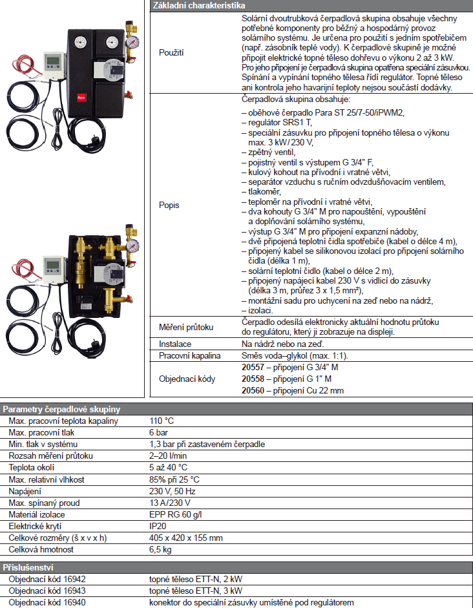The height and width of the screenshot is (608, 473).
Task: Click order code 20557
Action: [x=253, y=367]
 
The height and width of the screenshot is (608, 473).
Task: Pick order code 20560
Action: [x=253, y=390]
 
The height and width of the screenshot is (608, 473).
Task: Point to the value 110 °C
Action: [x=162, y=421]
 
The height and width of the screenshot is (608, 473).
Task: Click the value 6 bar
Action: [x=159, y=433]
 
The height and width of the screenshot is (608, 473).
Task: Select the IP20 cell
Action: [x=158, y=526]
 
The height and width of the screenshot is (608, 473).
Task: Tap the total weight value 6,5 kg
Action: [x=161, y=549]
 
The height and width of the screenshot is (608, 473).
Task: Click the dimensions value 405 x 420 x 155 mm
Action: [x=186, y=538]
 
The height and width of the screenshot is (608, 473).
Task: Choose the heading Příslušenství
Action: [x=28, y=567]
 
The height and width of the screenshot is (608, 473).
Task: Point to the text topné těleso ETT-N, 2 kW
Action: [x=196, y=579]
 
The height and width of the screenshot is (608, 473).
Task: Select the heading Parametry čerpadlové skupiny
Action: [x=62, y=410]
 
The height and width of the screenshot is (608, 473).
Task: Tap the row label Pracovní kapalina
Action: [x=190, y=355]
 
